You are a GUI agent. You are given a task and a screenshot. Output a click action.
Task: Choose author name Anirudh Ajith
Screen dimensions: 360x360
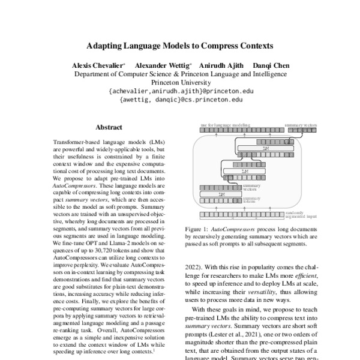coord(221,65)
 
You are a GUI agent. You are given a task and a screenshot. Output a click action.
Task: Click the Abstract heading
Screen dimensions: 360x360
coord(109,127)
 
